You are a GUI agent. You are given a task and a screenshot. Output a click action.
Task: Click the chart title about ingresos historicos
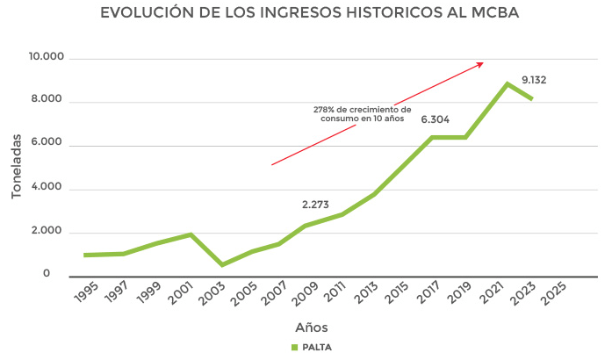point(306,14)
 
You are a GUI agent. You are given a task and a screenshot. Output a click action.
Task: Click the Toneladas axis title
point(16,167)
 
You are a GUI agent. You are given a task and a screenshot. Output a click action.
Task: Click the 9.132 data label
point(534,80)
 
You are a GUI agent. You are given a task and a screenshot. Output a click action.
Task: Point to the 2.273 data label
point(315,205)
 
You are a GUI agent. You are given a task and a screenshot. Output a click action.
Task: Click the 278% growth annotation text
point(362,113)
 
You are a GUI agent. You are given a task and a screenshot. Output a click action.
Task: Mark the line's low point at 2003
point(222,264)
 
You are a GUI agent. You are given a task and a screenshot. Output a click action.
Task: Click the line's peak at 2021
point(508,83)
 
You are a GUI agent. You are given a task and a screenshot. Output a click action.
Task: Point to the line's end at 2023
point(531,98)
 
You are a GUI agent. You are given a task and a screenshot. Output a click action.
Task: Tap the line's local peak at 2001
point(191,234)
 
